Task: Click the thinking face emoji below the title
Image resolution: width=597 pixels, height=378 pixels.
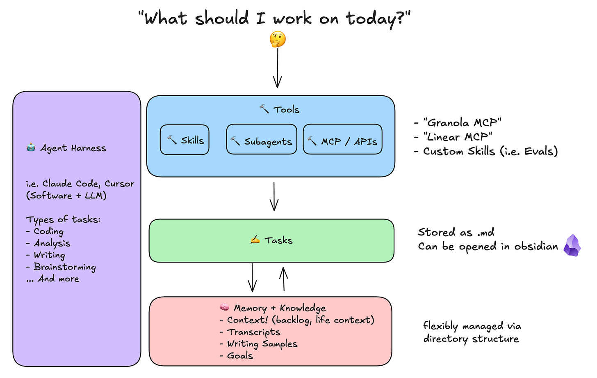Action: (278, 40)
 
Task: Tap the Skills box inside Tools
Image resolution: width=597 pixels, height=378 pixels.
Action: (185, 140)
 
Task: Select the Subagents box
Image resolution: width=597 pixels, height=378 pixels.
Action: (262, 140)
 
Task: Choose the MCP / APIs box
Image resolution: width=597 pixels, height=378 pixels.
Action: (342, 140)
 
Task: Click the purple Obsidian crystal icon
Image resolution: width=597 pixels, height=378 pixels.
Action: (572, 246)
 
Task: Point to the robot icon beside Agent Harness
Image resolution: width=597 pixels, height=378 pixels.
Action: (31, 148)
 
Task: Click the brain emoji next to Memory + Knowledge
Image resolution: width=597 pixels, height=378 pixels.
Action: (224, 307)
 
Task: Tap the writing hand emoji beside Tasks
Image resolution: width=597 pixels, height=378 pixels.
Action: (255, 240)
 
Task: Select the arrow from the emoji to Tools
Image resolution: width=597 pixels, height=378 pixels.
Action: (278, 68)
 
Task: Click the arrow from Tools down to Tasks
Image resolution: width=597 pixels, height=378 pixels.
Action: (274, 196)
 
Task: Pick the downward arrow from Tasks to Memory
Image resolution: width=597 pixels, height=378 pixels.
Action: (252, 277)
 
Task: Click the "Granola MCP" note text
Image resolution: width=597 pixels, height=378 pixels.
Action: (462, 122)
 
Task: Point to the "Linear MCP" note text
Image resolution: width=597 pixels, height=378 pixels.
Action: (458, 137)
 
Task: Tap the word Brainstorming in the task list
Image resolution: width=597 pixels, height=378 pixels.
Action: (65, 267)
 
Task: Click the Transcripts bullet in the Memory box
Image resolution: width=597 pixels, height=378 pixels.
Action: (253, 332)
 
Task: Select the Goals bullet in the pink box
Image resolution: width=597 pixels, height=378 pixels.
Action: (240, 356)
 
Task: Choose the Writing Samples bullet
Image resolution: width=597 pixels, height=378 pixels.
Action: (262, 344)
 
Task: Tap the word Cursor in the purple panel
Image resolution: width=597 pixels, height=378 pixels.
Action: (119, 184)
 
